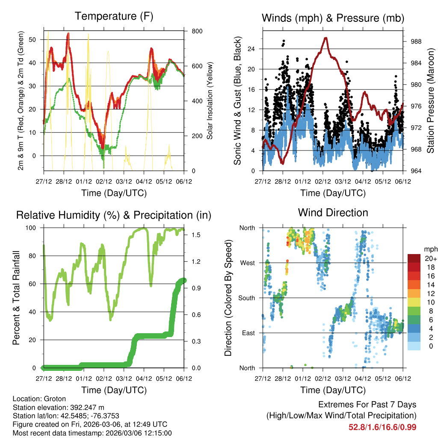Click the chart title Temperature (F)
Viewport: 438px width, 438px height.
[x=114, y=16]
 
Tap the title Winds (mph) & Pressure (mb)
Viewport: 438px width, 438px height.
[x=333, y=18]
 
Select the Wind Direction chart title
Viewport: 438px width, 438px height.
[x=333, y=213]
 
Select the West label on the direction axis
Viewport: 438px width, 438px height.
[x=248, y=263]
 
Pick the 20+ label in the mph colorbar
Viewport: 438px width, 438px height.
[x=431, y=258]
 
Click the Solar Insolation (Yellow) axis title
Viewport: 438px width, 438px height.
[x=210, y=101]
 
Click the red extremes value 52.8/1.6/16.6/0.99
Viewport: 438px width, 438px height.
[x=382, y=427]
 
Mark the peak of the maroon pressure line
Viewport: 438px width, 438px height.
[x=326, y=38]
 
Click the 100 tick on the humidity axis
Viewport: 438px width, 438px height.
[x=35, y=228]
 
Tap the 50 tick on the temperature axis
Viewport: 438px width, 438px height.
[x=36, y=39]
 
